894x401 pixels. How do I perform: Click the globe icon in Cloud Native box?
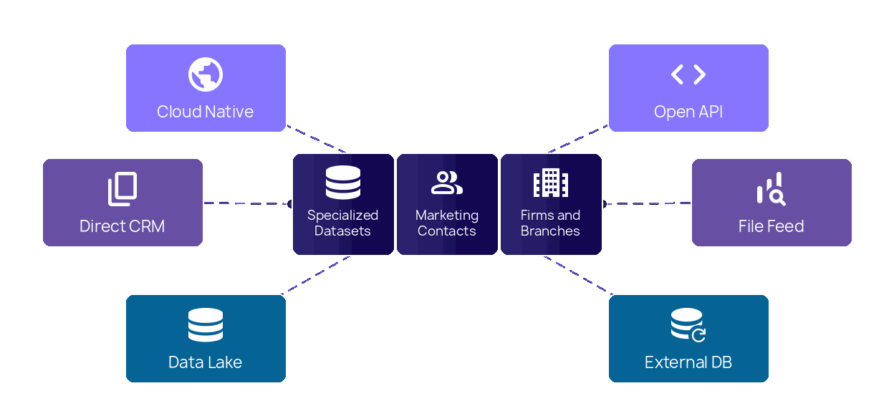(206, 75)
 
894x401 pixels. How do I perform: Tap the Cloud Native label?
(206, 112)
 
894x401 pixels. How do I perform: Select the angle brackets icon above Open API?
(688, 74)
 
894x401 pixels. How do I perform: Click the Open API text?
(688, 112)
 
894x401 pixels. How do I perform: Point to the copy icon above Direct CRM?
(122, 190)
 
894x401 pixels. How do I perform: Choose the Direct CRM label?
(122, 226)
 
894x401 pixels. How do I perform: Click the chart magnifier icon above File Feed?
(771, 190)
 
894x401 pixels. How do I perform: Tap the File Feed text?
(772, 226)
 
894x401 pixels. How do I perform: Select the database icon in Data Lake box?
(206, 325)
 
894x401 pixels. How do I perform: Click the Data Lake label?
(206, 362)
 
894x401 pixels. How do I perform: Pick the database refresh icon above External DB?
(688, 325)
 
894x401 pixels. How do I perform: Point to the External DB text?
(688, 362)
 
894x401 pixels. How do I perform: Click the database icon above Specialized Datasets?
(343, 183)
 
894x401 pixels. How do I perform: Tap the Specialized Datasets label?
(343, 223)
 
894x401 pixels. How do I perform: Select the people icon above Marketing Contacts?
(447, 183)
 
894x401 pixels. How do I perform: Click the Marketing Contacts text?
(447, 223)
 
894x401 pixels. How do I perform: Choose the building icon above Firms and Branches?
(551, 183)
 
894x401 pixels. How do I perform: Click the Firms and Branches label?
(551, 223)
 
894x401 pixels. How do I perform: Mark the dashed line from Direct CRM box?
(247, 203)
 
